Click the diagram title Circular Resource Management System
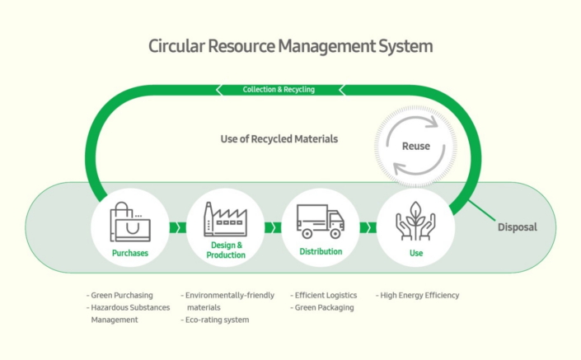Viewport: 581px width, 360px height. tap(290, 46)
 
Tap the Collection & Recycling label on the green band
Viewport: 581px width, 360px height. tap(279, 89)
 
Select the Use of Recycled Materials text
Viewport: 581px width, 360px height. tap(279, 139)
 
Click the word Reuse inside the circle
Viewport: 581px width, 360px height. tap(415, 146)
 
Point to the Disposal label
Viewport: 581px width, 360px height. tap(517, 227)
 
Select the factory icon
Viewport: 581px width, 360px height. tap(225, 220)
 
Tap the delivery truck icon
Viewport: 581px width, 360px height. tap(320, 219)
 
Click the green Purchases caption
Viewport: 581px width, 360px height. tap(130, 253)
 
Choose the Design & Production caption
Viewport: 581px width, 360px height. tap(226, 250)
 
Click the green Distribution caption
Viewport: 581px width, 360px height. tap(321, 251)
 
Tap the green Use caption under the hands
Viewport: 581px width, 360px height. tap(416, 253)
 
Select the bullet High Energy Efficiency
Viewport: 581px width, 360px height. tap(418, 295)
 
